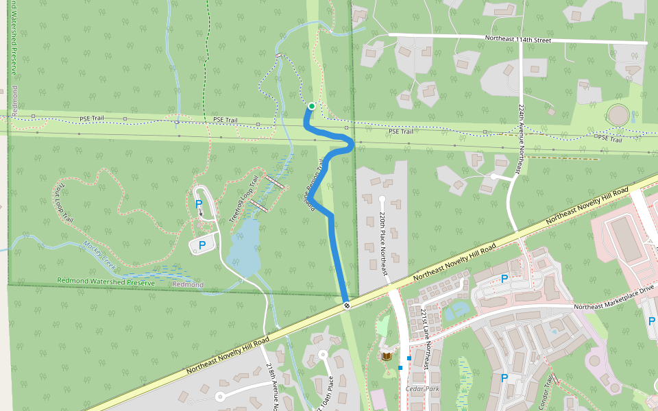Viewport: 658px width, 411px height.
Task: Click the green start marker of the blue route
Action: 312,106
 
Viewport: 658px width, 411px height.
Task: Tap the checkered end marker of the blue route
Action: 348,305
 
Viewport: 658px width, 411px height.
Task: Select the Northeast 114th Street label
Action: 517,40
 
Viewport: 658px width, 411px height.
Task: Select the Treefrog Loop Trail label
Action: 244,198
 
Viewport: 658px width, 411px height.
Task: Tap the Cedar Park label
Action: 422,388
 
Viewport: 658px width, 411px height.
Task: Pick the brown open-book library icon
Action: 387,357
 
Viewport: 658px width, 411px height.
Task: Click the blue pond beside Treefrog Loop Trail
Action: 245,249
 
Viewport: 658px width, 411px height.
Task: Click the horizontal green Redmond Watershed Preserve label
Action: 106,280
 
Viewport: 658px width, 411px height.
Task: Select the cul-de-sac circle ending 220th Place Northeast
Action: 382,199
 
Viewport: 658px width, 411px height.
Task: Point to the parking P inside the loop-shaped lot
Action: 199,203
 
